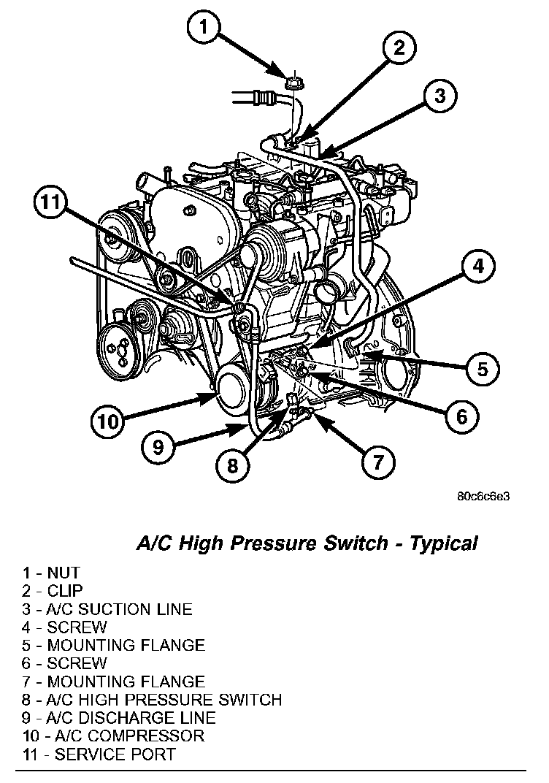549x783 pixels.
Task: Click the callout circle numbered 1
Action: click(205, 28)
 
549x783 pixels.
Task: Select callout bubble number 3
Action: click(440, 95)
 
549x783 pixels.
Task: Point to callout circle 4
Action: click(477, 268)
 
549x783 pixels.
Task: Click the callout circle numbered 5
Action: click(483, 369)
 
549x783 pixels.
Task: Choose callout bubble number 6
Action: click(461, 416)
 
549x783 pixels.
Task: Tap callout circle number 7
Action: click(377, 462)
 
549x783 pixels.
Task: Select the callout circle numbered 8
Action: click(232, 465)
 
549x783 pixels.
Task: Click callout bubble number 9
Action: click(158, 446)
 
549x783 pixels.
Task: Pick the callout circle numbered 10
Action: click(108, 421)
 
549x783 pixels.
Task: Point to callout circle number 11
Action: click(51, 203)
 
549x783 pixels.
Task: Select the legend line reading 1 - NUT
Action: click(50, 573)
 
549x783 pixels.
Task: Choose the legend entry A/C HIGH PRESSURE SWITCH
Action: click(152, 700)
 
